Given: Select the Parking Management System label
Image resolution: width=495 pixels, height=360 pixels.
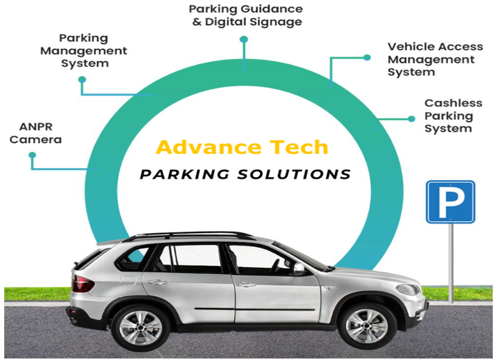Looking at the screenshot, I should point(83,51).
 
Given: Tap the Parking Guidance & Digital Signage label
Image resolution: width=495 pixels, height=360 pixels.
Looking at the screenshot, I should point(245,15).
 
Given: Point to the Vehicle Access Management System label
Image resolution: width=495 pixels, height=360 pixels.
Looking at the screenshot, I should point(435,59).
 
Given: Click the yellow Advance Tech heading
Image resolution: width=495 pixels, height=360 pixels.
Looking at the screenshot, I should point(242,147).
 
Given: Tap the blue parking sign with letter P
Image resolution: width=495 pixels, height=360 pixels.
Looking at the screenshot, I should point(450,202).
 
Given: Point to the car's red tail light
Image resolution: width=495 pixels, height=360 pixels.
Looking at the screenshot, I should point(82,282).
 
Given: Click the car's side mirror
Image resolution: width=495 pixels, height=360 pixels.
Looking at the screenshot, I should point(298,269).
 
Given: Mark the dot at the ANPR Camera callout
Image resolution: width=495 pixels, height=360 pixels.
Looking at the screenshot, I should point(32,155).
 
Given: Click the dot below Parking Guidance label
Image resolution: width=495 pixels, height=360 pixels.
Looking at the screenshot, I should point(243,39).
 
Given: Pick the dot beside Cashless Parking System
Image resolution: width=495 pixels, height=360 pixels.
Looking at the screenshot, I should point(412,119).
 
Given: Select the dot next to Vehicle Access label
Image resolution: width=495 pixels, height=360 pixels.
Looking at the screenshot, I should point(367,58).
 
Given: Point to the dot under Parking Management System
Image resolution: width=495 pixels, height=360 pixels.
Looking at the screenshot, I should point(82,79).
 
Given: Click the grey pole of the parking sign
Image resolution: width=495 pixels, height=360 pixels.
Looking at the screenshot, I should point(450,262).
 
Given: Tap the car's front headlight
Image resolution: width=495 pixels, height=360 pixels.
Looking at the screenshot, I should point(407,289).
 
